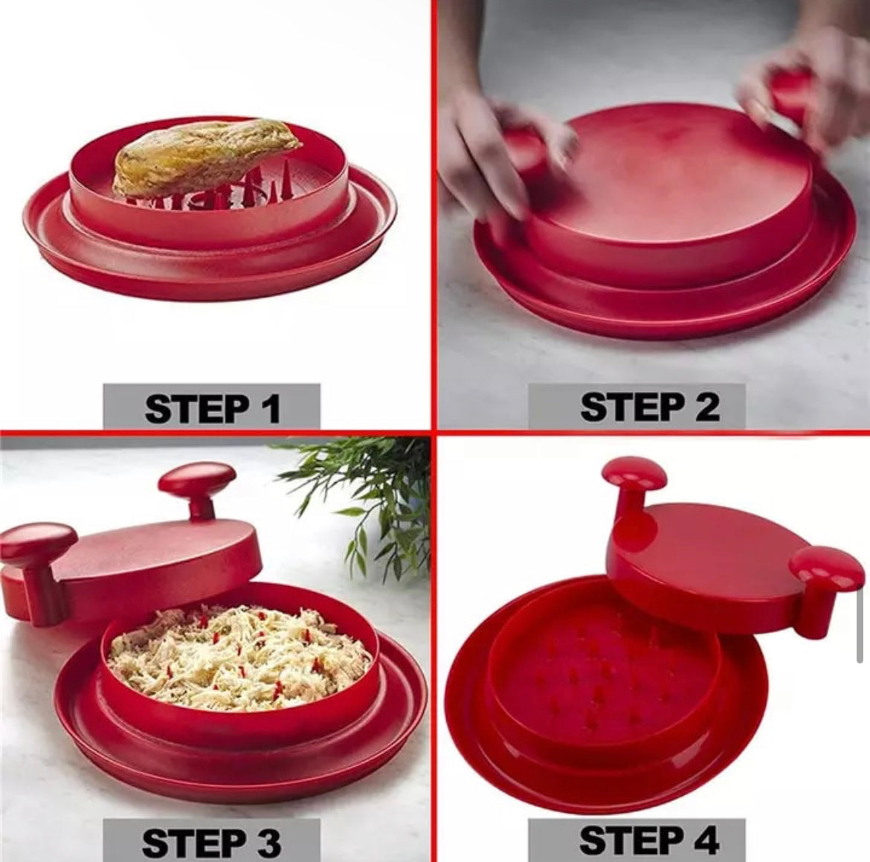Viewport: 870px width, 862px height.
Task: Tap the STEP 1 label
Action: [212, 408]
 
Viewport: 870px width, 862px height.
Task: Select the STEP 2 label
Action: [649, 408]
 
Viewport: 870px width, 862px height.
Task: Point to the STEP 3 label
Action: [211, 842]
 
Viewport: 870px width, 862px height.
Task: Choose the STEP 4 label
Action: [648, 840]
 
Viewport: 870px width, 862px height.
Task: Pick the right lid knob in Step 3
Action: [197, 480]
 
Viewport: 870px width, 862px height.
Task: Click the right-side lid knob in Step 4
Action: [825, 573]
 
